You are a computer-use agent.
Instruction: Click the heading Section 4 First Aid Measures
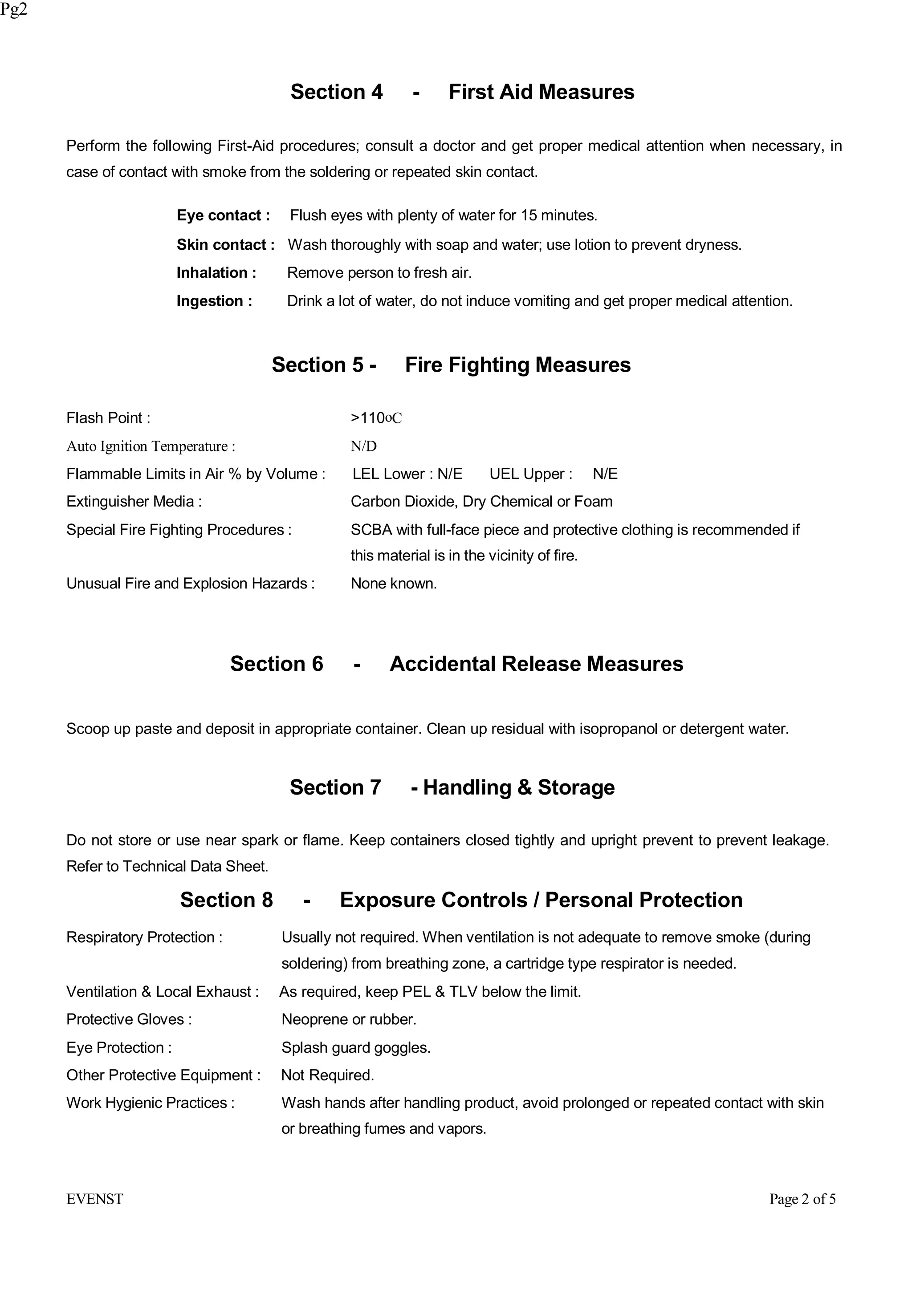pos(462,92)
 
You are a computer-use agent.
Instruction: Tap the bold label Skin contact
pos(225,245)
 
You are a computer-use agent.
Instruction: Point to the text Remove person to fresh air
pos(379,273)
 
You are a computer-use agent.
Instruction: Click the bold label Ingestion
pos(214,301)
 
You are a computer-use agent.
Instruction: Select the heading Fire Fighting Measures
pos(517,365)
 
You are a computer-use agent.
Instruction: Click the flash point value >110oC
pos(376,418)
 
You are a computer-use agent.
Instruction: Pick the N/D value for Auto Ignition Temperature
pos(363,446)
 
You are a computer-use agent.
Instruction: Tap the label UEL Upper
pos(530,474)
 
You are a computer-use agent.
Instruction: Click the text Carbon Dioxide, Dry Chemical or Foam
pos(481,502)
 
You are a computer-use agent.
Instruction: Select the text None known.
pos(393,584)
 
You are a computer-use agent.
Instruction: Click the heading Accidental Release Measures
pos(536,664)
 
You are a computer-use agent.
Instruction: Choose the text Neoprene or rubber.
pos(348,1020)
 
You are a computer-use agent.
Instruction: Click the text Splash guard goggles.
pos(356,1048)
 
